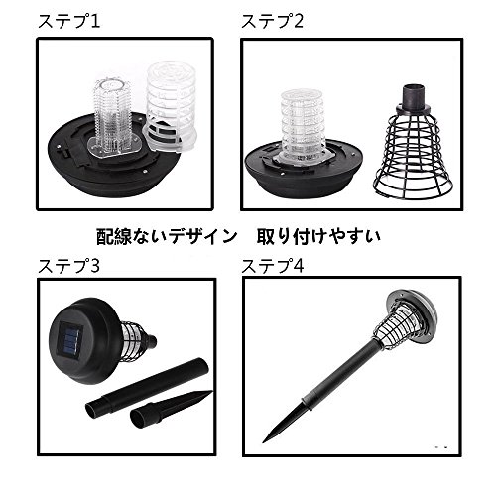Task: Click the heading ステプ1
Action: click(68, 21)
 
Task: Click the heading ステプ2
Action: click(272, 21)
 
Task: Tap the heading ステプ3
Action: click(68, 266)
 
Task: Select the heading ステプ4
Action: click(273, 266)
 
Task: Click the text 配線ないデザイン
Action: click(167, 236)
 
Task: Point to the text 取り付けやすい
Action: click(318, 236)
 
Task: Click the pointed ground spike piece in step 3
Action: click(171, 409)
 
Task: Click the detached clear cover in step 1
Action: click(171, 106)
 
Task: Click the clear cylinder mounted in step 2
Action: click(303, 126)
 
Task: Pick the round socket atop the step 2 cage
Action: click(413, 96)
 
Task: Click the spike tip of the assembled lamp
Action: click(264, 441)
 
